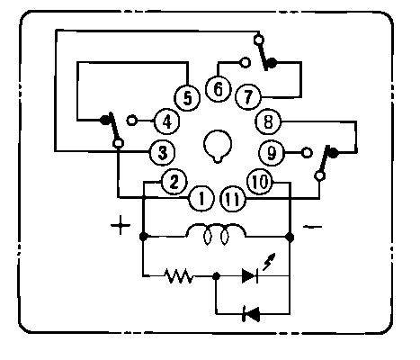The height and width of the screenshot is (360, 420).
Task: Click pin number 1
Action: click(x=201, y=198)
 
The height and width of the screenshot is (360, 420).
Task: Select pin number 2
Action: click(x=174, y=182)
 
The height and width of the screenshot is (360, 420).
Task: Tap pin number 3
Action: click(x=162, y=153)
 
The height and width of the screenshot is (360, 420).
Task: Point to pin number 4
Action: click(x=166, y=121)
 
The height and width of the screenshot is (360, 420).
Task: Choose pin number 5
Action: click(x=187, y=98)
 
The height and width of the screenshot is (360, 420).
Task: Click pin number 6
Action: click(x=219, y=89)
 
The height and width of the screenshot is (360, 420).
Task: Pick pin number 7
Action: click(x=248, y=97)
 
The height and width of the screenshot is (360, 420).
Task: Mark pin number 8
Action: click(x=268, y=121)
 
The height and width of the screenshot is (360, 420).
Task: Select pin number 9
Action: click(x=272, y=153)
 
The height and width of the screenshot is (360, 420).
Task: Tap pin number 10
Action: click(x=260, y=182)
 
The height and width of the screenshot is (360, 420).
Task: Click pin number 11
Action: click(x=233, y=199)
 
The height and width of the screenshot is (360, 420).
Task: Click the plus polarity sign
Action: click(x=121, y=225)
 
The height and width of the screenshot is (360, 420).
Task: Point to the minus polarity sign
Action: click(x=312, y=227)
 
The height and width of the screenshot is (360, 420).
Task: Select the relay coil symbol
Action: click(x=216, y=234)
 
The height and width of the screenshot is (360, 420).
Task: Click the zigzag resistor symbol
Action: click(x=178, y=276)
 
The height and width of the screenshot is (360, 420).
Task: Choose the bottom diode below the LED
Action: click(x=251, y=314)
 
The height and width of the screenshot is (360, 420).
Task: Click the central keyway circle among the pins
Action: click(x=218, y=146)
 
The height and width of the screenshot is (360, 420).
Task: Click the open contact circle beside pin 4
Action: click(x=131, y=121)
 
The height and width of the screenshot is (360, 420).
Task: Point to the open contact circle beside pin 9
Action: click(x=307, y=153)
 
